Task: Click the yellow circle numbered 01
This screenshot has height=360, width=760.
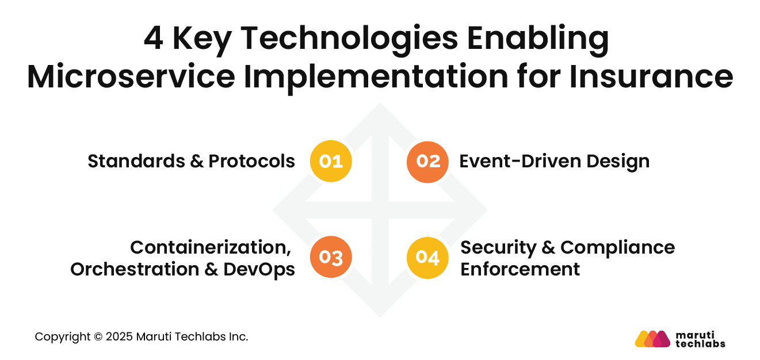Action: pyautogui.click(x=331, y=162)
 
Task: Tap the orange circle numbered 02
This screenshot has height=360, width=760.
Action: pyautogui.click(x=427, y=162)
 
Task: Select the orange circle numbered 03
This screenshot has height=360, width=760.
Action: pyautogui.click(x=331, y=258)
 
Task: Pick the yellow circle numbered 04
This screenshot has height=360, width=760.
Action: pyautogui.click(x=427, y=258)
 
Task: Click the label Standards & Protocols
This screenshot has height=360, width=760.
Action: pyautogui.click(x=191, y=162)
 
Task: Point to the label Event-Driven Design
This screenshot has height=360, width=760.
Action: pyautogui.click(x=554, y=162)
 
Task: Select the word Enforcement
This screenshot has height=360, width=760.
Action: pyautogui.click(x=520, y=269)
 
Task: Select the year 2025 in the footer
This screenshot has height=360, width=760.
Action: pyautogui.click(x=119, y=337)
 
